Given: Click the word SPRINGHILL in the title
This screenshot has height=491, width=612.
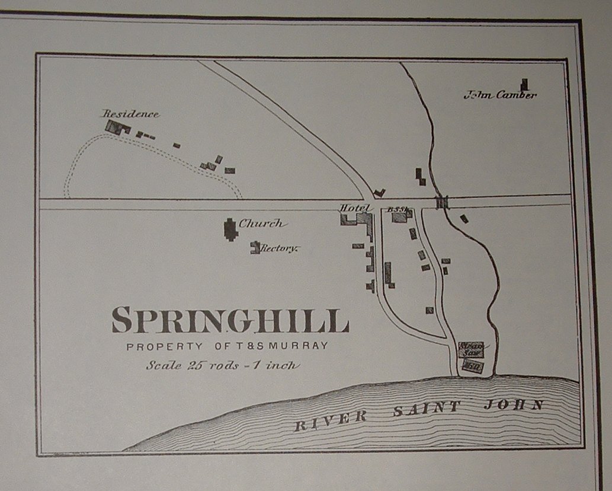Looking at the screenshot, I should [230, 320].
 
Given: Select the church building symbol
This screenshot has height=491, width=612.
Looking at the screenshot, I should [230, 229].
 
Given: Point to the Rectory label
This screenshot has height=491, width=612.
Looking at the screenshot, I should [278, 248].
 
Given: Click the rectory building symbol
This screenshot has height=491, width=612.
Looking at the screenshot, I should [255, 247].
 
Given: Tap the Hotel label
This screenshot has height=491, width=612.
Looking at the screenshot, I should [354, 208].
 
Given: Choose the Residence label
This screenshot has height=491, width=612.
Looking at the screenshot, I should [130, 113].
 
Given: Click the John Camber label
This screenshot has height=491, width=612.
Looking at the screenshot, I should [500, 94].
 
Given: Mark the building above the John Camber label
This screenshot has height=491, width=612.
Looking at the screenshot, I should [524, 85].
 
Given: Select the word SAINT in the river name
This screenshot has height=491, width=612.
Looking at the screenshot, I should [426, 409].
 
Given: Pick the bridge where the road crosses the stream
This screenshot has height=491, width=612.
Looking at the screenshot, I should [442, 202].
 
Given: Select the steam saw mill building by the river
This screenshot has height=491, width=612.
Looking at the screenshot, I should [472, 350].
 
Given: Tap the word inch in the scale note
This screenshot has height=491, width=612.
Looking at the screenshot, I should [282, 365].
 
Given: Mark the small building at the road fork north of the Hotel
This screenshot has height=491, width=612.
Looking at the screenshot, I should [379, 193].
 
